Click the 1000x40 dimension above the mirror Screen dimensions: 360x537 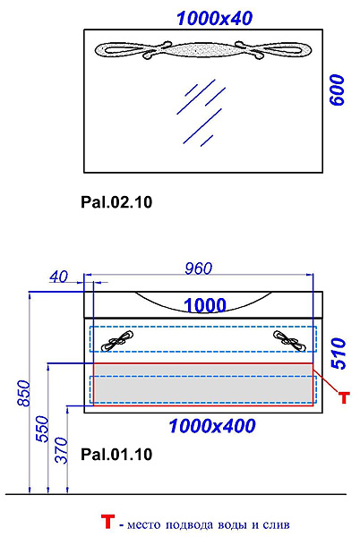pos(214,19)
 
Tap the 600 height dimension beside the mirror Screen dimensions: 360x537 pos(337,90)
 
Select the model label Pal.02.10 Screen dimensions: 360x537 pos(116,202)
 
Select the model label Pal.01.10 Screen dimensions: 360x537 pos(116,455)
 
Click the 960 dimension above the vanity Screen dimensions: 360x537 pos(199,268)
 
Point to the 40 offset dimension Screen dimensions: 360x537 pos(58,277)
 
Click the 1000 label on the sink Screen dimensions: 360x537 pos(205,305)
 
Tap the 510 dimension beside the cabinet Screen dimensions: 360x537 pos(339,354)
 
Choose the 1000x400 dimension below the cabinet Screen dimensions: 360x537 pos(212,426)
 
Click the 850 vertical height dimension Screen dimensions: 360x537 pos(24,393)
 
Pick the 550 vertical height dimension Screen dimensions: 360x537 pos(43,429)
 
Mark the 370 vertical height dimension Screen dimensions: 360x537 pos(62,450)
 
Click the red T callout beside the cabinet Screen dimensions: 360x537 pos(344,397)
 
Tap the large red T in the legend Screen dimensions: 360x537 pos(107,522)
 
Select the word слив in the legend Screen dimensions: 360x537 pos(276,524)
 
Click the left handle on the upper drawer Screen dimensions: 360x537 pos(117,341)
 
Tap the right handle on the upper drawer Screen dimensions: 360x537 pos(289,341)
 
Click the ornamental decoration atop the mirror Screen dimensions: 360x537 pos(203,50)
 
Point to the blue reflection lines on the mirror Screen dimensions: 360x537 pos(201,113)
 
